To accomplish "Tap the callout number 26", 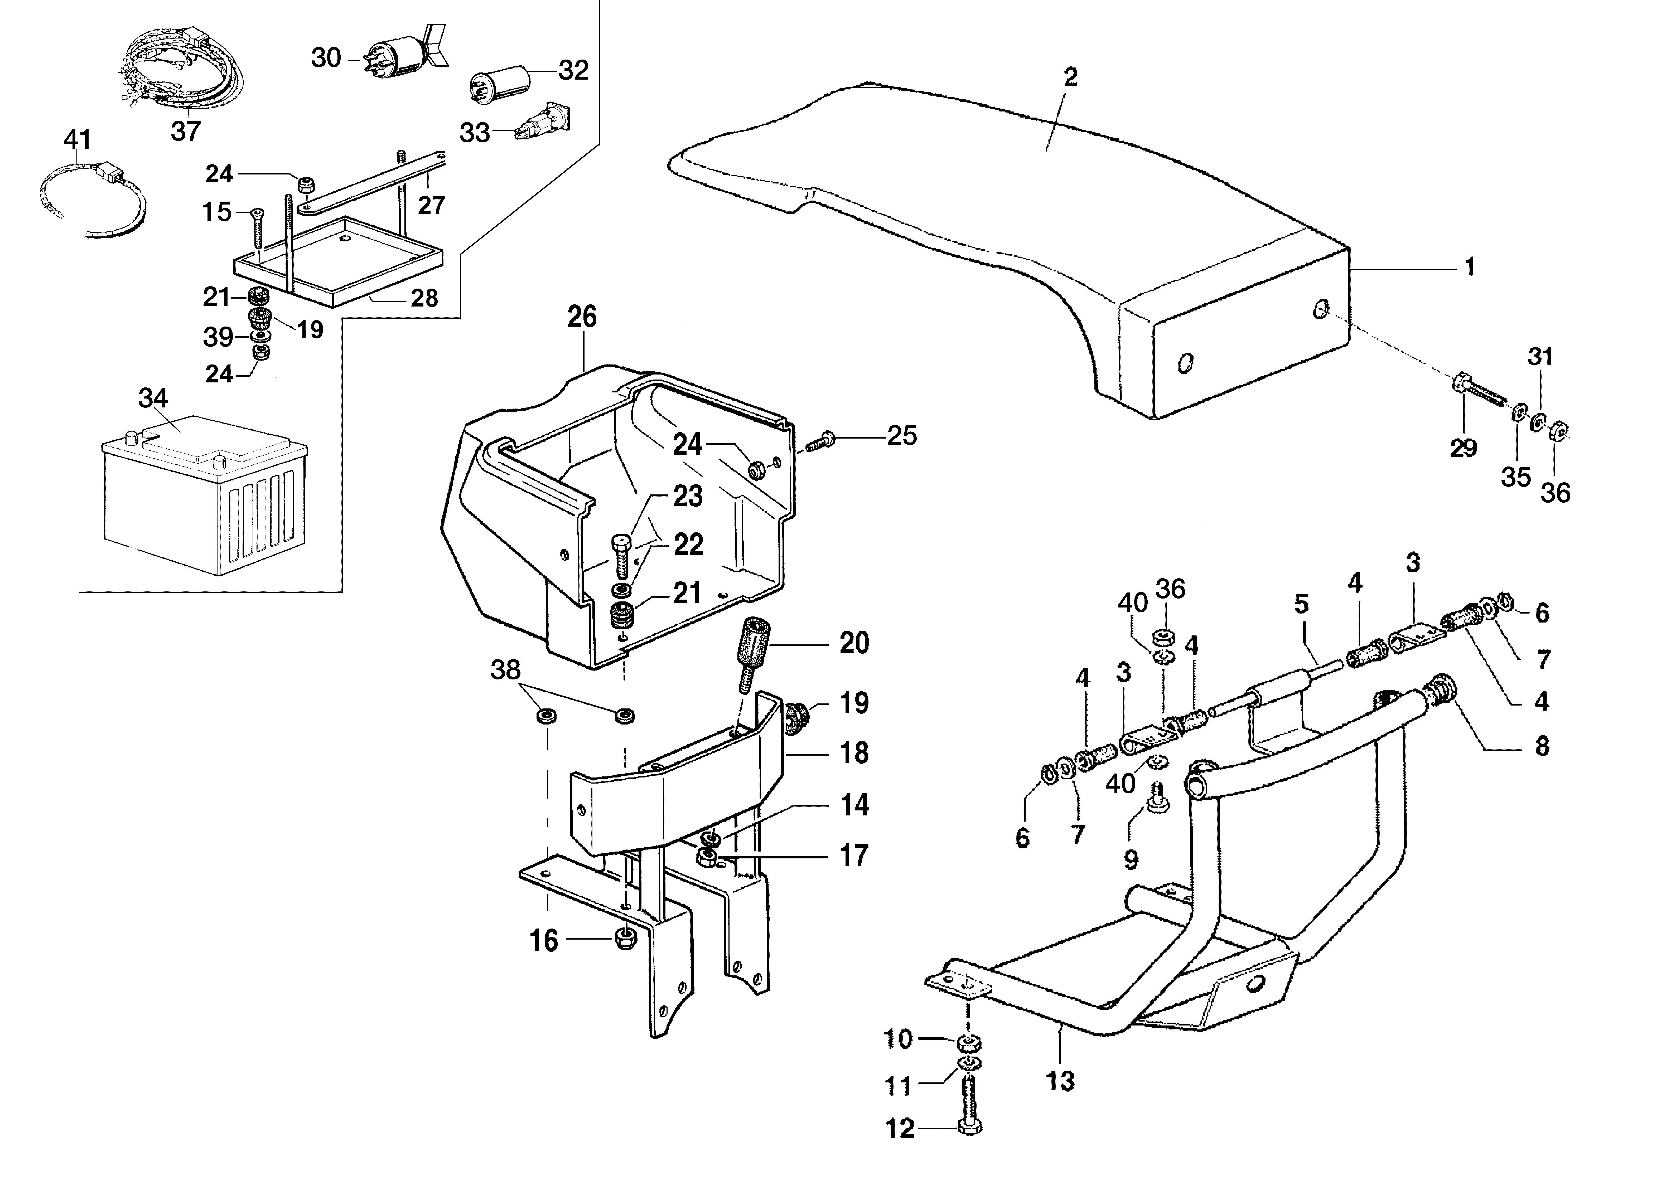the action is click(x=582, y=317).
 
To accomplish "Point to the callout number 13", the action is click(x=1060, y=1081).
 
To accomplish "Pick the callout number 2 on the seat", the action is click(x=1070, y=77).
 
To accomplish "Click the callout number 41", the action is click(x=78, y=139).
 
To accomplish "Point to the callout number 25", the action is click(x=901, y=436).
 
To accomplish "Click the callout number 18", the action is click(x=854, y=753).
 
